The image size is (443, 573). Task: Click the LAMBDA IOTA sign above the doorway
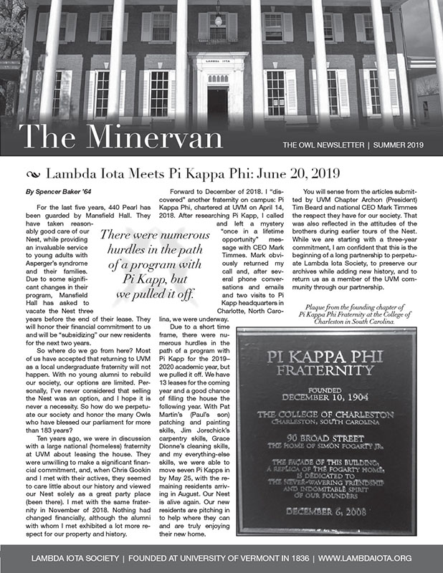[x=217, y=62]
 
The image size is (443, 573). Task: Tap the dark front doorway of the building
[x=217, y=104]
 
